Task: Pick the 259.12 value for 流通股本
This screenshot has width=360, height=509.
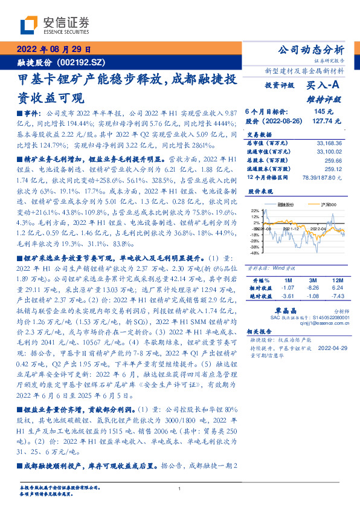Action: (332, 169)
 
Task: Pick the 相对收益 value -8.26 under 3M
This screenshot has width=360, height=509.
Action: (312, 289)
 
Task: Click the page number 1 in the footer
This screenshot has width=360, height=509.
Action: (180, 488)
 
